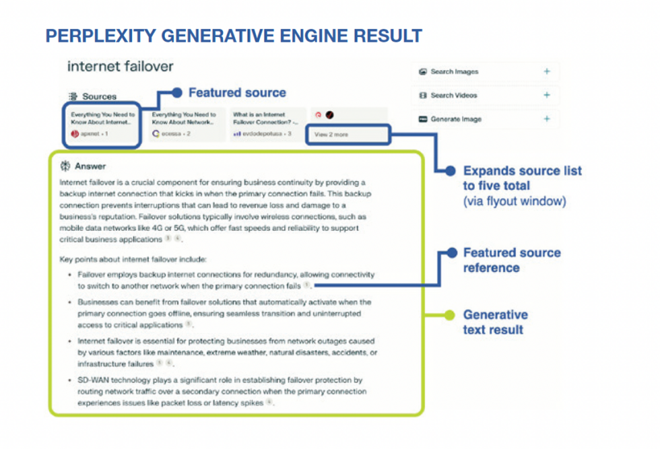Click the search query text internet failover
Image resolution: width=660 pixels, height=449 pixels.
pos(120,67)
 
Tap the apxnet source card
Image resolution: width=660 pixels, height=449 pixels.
pos(102,125)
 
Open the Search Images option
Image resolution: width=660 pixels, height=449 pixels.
pos(455,71)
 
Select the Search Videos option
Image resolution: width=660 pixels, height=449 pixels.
pos(454,96)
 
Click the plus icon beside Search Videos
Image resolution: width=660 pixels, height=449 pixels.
pos(546,96)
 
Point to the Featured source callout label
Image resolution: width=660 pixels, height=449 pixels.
pos(237,93)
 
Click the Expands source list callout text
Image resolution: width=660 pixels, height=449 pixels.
pos(522,178)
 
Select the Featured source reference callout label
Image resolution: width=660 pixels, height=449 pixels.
pos(511,260)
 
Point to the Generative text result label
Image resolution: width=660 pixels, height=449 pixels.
pos(495,322)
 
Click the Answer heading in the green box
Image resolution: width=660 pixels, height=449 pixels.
pos(90,166)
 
